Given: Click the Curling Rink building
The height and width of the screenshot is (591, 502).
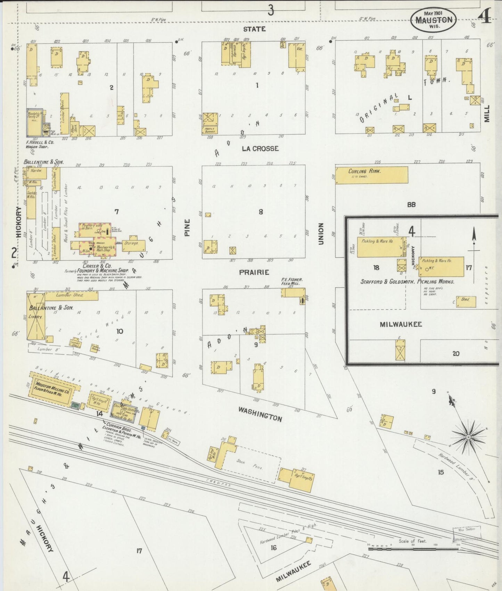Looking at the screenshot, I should pyautogui.click(x=371, y=175).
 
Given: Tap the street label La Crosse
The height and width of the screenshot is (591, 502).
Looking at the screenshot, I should pyautogui.click(x=260, y=149).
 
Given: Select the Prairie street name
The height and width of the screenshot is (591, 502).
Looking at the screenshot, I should pyautogui.click(x=254, y=272).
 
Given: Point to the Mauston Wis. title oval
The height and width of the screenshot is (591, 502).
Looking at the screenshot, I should pyautogui.click(x=434, y=20).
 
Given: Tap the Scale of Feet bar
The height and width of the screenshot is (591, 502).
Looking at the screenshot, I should pyautogui.click(x=413, y=549).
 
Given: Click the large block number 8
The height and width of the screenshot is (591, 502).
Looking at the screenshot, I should pyautogui.click(x=261, y=212).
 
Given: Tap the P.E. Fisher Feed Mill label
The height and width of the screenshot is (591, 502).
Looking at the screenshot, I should pyautogui.click(x=292, y=281).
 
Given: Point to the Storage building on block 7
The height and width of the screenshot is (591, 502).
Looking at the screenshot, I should pyautogui.click(x=133, y=245).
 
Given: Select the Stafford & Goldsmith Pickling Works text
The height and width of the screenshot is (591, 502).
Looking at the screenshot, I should pyautogui.click(x=407, y=282).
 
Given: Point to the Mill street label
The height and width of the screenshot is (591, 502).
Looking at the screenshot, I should pyautogui.click(x=486, y=113).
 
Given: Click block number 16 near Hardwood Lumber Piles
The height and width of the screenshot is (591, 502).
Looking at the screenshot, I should pyautogui.click(x=273, y=548).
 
